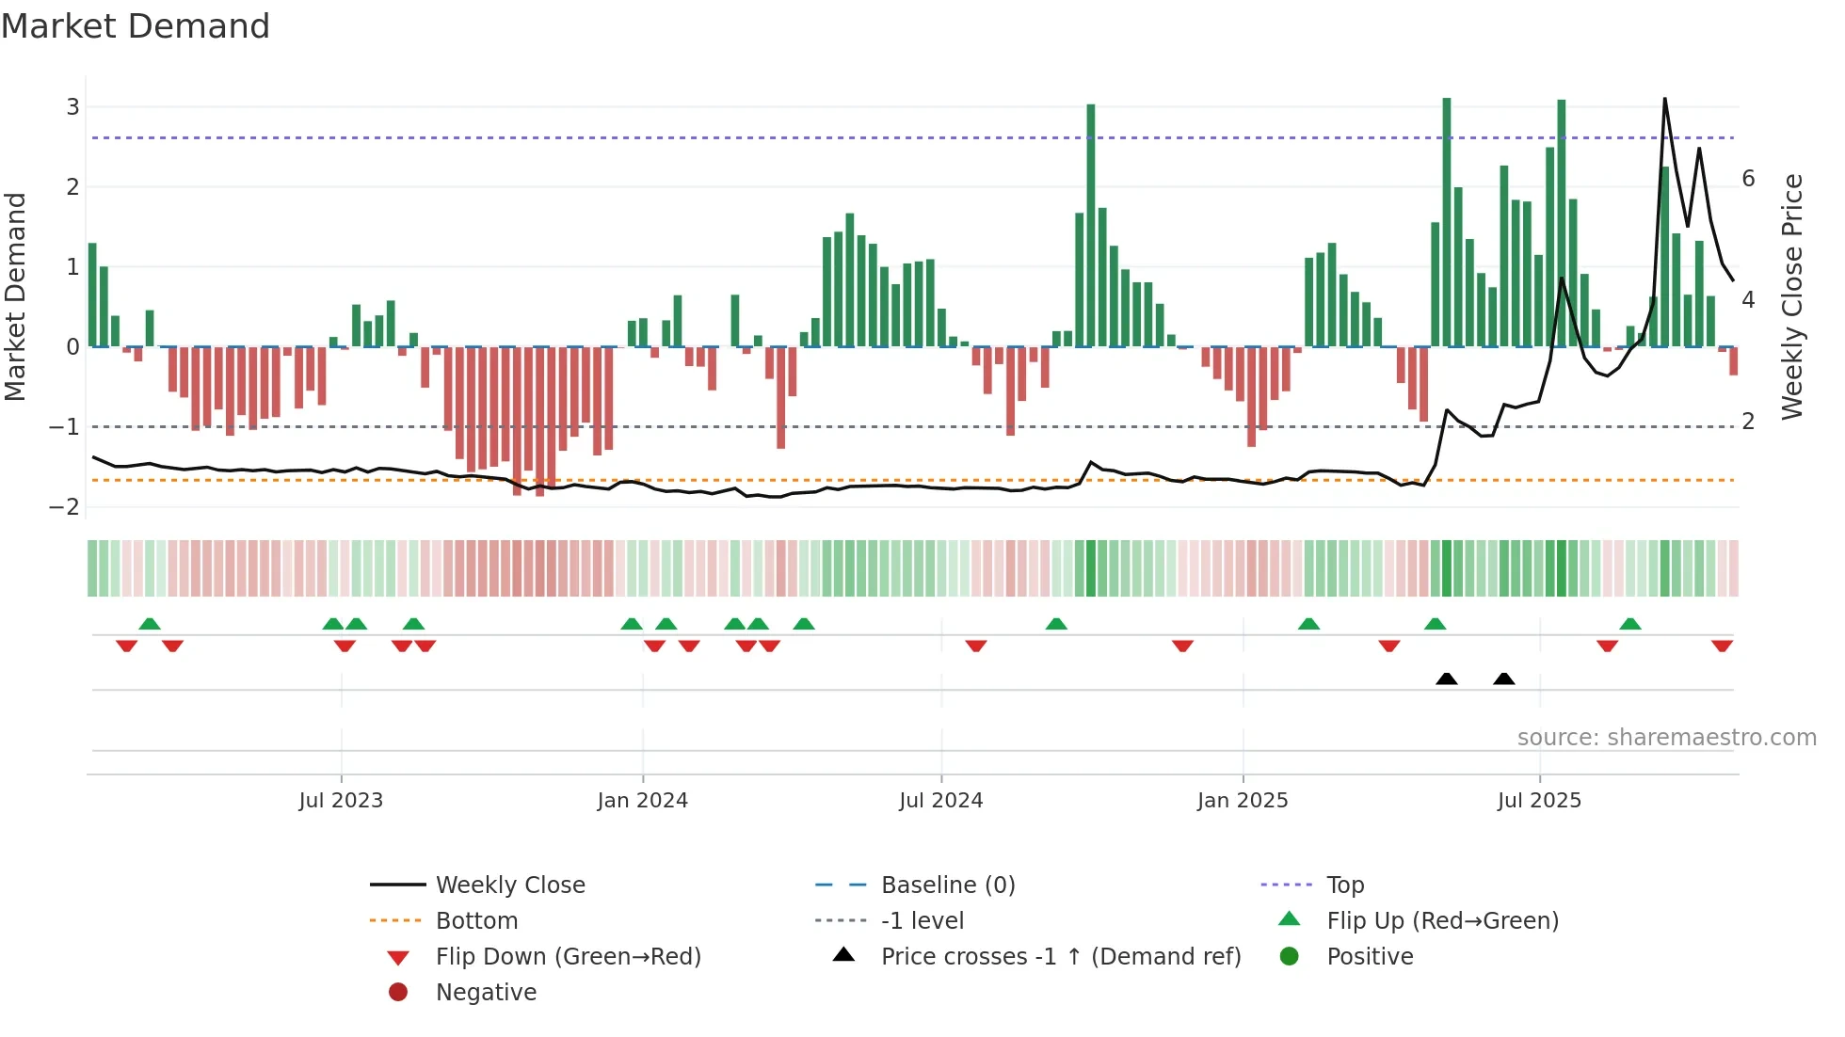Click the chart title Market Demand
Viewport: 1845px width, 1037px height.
point(136,25)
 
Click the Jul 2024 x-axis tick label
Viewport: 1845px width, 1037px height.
point(940,801)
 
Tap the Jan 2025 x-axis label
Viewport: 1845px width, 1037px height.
point(1243,801)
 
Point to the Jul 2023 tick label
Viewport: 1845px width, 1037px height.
point(341,801)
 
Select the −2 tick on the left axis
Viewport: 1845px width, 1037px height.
point(65,507)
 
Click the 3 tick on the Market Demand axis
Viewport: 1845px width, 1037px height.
point(72,107)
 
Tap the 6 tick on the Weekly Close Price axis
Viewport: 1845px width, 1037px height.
point(1748,179)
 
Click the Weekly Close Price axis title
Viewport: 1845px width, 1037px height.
point(1792,296)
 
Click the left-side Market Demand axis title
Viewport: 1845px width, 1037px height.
point(16,296)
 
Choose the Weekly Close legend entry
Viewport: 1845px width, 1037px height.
point(509,885)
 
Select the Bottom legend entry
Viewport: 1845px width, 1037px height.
point(476,921)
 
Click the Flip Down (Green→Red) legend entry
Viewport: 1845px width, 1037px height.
point(568,957)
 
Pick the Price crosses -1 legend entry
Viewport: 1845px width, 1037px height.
point(1060,957)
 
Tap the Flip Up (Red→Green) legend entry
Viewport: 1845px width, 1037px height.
point(1442,921)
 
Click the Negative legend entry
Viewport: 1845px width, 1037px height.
point(486,993)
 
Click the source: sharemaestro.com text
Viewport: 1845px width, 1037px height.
point(1666,738)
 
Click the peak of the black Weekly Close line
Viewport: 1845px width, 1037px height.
point(1664,99)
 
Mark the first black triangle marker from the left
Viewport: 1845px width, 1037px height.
point(1447,678)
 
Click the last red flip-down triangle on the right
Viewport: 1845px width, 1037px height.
point(1722,646)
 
